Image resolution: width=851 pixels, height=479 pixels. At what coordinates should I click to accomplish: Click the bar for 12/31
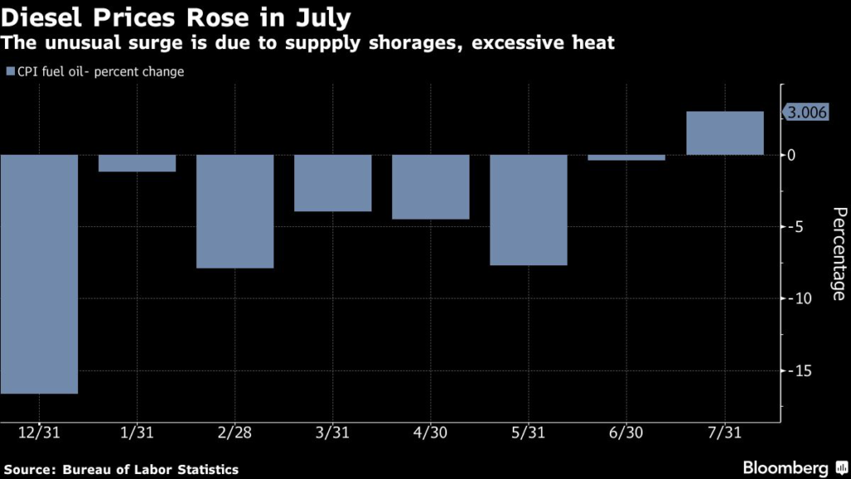[x=39, y=274]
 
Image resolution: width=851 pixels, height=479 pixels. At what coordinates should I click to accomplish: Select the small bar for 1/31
[x=137, y=163]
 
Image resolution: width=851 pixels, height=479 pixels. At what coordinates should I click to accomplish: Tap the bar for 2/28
[x=235, y=211]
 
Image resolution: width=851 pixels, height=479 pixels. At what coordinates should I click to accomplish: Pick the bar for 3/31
[x=332, y=183]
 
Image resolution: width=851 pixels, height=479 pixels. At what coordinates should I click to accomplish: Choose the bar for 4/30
[x=430, y=187]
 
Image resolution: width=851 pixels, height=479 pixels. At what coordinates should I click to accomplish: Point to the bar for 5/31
[x=529, y=210]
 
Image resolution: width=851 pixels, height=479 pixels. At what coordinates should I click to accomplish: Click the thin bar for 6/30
[x=627, y=157]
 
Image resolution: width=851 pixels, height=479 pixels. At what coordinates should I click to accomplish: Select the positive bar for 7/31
[x=725, y=133]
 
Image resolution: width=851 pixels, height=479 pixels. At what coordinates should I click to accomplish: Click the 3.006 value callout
[x=807, y=113]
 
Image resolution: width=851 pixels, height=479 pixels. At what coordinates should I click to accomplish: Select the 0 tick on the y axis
[x=791, y=156]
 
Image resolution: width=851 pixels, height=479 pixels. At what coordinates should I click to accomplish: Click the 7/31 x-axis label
[x=725, y=433]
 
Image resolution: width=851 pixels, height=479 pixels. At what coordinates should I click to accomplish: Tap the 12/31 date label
[x=39, y=433]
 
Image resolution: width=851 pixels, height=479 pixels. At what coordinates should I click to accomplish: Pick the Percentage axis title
[x=837, y=253]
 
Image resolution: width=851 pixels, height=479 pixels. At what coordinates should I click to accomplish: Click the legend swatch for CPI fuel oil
[x=10, y=72]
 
